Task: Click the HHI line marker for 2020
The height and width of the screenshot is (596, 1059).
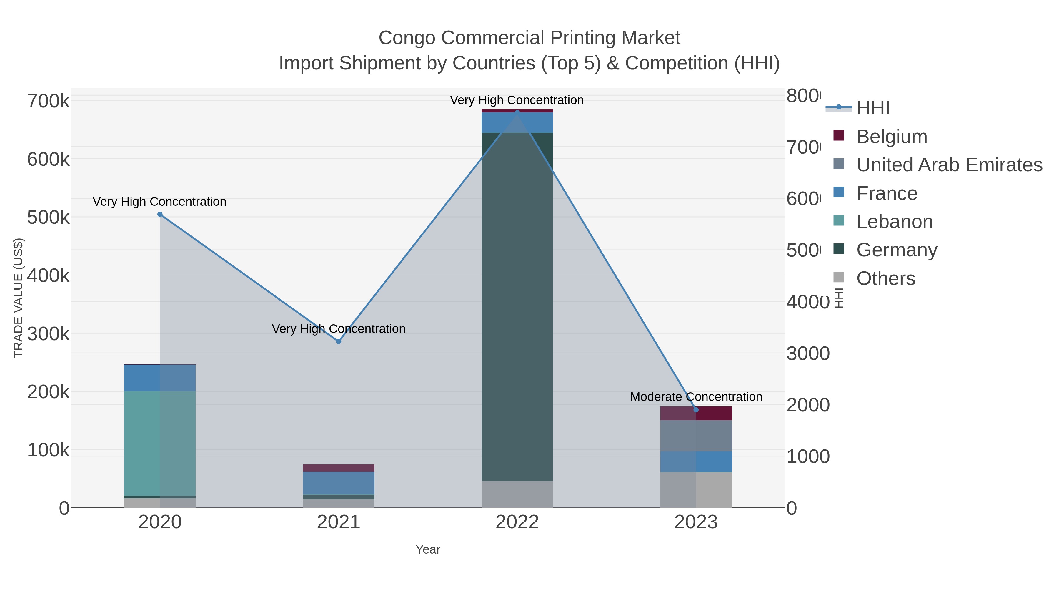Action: [160, 214]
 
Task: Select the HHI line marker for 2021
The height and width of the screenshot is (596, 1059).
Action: [338, 341]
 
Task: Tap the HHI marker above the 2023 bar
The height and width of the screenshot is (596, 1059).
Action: [696, 410]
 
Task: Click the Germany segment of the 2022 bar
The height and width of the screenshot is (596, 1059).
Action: [517, 306]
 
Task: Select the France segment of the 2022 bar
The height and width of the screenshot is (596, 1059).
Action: [517, 122]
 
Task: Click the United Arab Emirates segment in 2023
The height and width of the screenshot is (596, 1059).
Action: [696, 436]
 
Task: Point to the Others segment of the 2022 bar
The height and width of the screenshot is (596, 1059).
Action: [517, 494]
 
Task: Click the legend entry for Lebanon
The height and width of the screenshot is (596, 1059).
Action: [894, 222]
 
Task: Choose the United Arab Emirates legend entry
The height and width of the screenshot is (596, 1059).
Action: [949, 165]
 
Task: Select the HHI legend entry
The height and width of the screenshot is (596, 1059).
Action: [872, 108]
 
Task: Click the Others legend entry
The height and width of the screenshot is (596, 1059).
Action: [885, 278]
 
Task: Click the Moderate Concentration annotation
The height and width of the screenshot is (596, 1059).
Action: [696, 397]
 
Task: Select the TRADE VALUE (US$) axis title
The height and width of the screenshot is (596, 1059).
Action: [19, 298]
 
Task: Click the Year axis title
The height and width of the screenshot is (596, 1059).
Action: [427, 549]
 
